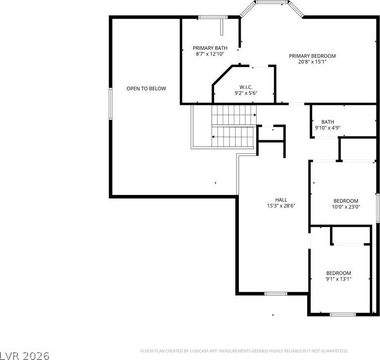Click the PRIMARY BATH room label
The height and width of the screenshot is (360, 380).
point(210,48)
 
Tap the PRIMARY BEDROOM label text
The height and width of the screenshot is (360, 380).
point(312,56)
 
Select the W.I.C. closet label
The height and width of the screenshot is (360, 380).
point(246,87)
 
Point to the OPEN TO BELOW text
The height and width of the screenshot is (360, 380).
point(146,89)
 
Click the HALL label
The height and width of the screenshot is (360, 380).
point(281,200)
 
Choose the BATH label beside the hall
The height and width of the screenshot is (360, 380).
point(328,122)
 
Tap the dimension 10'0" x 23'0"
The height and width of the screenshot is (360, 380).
point(346,207)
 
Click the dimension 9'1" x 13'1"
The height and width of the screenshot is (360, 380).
point(339,279)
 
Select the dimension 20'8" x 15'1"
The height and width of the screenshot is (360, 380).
point(312,62)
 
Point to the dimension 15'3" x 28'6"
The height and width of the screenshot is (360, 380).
point(281,206)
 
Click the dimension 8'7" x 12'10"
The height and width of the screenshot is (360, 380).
point(210,54)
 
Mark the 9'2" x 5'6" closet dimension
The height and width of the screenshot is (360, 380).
point(246,93)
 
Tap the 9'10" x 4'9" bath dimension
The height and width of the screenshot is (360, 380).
point(328,128)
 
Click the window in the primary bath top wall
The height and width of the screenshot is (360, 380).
point(213,17)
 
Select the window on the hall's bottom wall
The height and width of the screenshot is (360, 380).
point(276,294)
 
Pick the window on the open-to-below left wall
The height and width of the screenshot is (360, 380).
point(111,104)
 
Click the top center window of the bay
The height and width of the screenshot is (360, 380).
point(272,2)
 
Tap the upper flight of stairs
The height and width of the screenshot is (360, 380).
point(234,115)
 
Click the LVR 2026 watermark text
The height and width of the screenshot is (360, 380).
point(25,356)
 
